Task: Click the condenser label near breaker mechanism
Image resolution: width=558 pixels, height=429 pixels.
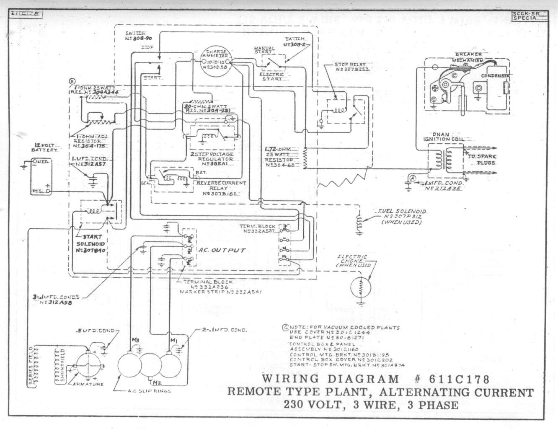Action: (x=495, y=76)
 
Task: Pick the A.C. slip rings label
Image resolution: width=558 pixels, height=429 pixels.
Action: (x=149, y=391)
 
